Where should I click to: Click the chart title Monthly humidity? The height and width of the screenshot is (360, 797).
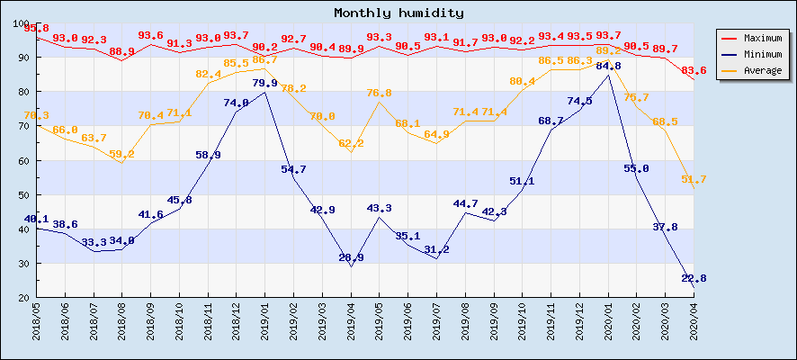[x=398, y=13]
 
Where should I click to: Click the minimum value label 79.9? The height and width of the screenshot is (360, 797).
[x=264, y=83]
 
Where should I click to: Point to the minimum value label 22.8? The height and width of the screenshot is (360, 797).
[x=694, y=279]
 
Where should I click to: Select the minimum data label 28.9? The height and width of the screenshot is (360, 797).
[x=351, y=257]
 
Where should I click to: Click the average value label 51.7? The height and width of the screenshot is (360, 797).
[x=694, y=179]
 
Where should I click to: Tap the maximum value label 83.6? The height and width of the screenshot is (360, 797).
[x=694, y=70]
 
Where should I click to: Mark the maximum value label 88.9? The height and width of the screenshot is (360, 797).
[x=121, y=51]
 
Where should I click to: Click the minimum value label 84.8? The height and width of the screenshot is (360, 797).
[x=608, y=66]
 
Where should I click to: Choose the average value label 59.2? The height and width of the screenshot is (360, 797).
[x=121, y=154]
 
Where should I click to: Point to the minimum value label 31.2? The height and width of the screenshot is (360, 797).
[x=436, y=249]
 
